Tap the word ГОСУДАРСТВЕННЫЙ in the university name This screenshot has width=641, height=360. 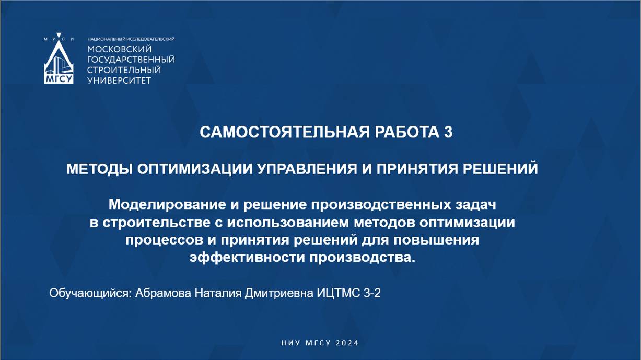[x=131, y=60]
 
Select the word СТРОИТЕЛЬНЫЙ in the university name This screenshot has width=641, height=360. [x=124, y=70]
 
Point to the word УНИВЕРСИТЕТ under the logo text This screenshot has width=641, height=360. [x=119, y=80]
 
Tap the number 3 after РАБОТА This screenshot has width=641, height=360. [x=448, y=133]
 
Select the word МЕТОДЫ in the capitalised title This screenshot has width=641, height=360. [x=99, y=169]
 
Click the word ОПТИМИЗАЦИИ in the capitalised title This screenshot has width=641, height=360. [x=195, y=169]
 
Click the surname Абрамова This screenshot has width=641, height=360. [x=163, y=293]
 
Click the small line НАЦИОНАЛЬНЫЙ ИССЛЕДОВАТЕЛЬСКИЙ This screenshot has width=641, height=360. [x=131, y=39]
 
